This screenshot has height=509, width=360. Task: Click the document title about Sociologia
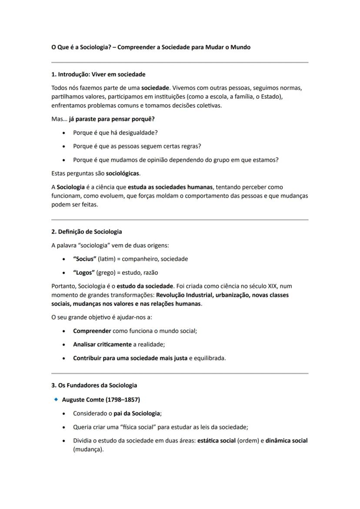(x=151, y=47)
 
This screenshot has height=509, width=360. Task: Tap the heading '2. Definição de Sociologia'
(x=87, y=232)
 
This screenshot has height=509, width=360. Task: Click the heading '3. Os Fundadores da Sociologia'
(x=94, y=385)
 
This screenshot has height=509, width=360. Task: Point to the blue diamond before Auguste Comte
(x=56, y=399)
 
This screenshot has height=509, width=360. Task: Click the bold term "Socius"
(x=85, y=259)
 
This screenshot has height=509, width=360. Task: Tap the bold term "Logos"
(x=84, y=273)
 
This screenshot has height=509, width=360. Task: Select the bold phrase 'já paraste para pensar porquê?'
(x=112, y=119)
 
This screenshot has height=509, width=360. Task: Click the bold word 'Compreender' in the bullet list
(x=92, y=331)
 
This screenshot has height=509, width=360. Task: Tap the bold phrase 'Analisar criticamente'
(x=102, y=345)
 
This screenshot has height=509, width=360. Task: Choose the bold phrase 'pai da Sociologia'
(x=137, y=413)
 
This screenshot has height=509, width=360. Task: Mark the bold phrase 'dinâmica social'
(x=287, y=440)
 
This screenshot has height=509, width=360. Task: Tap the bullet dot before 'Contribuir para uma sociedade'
(x=64, y=359)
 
